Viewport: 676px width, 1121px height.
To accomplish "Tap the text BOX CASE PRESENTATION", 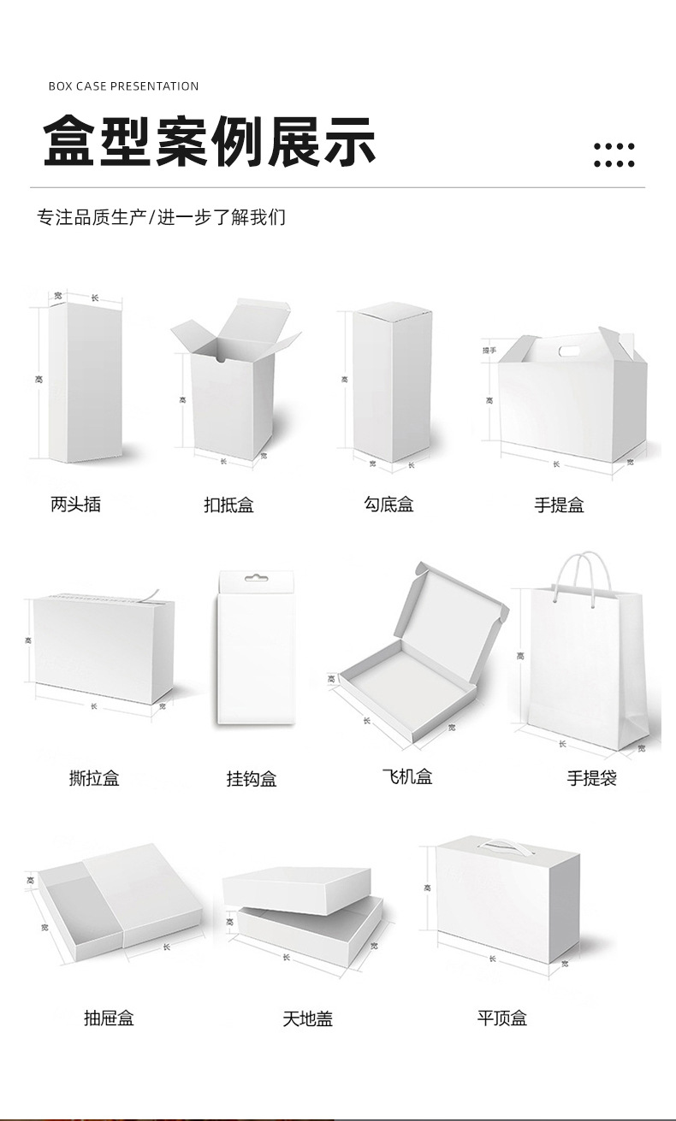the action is coord(123,86).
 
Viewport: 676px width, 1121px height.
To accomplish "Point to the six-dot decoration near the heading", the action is coord(614,155).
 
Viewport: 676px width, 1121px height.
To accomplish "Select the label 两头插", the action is coord(75,504).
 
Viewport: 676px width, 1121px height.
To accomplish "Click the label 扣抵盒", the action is coord(228,505).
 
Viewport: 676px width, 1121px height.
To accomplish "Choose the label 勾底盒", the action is coord(388,504).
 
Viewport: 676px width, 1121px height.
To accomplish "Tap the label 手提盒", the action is coord(559,505).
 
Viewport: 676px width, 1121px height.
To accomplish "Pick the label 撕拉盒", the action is coord(94,778).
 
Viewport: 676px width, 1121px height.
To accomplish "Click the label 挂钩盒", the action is coord(252,779).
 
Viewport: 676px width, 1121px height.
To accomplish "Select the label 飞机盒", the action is coord(407,776).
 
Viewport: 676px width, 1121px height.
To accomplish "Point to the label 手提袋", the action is coord(591,778).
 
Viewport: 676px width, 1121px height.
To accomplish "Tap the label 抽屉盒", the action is coord(109,1018).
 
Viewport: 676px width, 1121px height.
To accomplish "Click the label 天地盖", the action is coord(307,1018).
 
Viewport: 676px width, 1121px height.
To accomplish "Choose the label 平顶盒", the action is coord(502,1018).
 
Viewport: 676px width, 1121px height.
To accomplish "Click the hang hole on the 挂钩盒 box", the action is coord(256,579).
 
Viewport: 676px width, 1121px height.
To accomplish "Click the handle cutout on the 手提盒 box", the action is coord(568,351).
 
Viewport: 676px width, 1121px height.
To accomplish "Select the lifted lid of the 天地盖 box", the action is coord(297,889).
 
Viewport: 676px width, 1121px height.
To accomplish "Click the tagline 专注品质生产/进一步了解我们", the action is coord(161,217).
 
